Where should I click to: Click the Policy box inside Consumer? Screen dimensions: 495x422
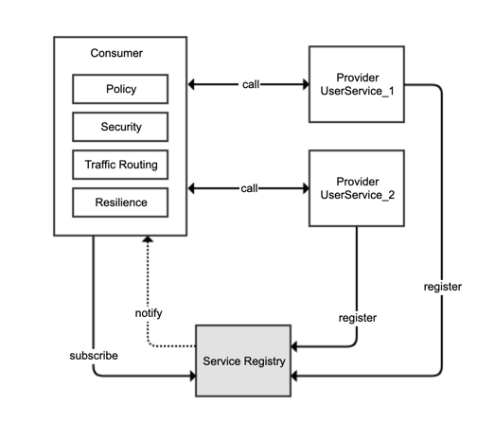click(x=120, y=89)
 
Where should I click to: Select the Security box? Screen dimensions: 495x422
click(x=120, y=127)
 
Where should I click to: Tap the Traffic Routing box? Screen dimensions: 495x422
click(x=120, y=165)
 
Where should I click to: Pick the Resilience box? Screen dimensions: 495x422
click(x=120, y=202)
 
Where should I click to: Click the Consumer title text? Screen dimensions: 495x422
click(x=116, y=53)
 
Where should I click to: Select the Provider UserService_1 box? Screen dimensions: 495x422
click(x=357, y=84)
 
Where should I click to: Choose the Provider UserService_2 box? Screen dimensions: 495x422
click(x=357, y=188)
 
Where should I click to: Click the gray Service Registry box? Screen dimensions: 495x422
click(x=243, y=360)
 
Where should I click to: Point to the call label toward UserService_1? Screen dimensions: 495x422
click(x=251, y=84)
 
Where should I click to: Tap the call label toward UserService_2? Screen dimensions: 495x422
click(x=249, y=188)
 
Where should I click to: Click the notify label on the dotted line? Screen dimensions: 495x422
click(x=149, y=313)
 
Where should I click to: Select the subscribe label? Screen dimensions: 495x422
click(x=94, y=356)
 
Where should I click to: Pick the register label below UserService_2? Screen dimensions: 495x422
click(x=358, y=318)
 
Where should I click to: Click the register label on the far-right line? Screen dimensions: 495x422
click(x=443, y=287)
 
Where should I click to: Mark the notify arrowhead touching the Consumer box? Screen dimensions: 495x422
click(x=148, y=239)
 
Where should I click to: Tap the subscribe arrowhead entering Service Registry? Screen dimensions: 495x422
click(x=192, y=376)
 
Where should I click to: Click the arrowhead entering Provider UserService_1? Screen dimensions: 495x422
click(x=306, y=84)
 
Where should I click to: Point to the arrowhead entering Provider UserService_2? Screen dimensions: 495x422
click(x=306, y=188)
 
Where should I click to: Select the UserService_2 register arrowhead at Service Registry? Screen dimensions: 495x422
click(x=294, y=346)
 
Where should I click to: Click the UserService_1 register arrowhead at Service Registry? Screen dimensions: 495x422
click(x=294, y=376)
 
